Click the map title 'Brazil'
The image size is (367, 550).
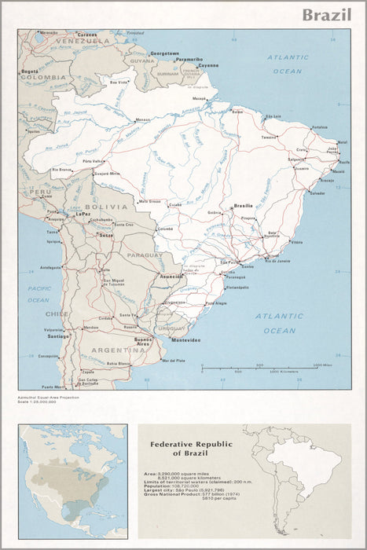[328, 16]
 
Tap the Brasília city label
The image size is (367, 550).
[243, 206]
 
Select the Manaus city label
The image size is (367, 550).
[142, 119]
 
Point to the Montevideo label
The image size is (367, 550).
[186, 339]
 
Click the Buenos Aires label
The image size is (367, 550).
[143, 342]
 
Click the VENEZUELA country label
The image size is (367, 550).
[78, 39]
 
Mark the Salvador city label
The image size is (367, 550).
[317, 192]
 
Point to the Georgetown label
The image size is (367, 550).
[166, 53]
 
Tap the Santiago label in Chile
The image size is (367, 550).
[58, 335]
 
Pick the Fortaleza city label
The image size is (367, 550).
[318, 126]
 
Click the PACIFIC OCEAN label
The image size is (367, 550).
[39, 295]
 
